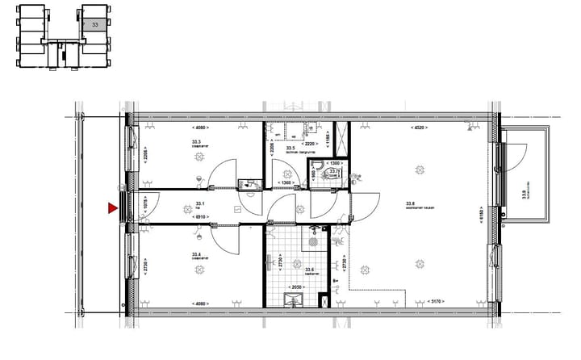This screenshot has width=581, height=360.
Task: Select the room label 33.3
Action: point(196,142)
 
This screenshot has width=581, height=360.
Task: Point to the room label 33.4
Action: point(196,253)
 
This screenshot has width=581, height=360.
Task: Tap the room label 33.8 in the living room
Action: point(410,203)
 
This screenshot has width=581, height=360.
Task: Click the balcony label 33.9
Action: point(525,190)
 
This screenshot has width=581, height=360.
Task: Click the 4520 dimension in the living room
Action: point(420,128)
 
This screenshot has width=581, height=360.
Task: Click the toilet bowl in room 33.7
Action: point(320,172)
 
